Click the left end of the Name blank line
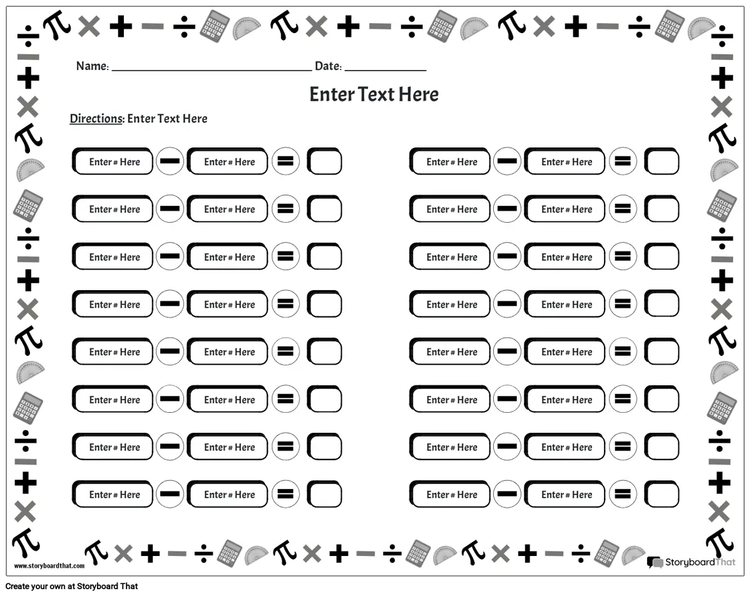click(112, 71)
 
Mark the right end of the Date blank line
click(426, 71)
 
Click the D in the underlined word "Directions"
click(74, 119)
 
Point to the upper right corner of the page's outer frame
click(744, 6)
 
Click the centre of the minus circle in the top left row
click(170, 161)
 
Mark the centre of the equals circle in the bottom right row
click(623, 494)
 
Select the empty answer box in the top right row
click(662, 161)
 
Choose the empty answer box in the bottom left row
click(324, 494)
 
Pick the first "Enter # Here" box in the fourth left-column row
click(113, 304)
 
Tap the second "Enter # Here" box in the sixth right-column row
click(565, 399)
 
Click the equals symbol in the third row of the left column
click(285, 256)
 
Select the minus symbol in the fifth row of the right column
click(507, 351)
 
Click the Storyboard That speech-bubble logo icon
click(655, 562)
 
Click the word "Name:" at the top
click(93, 66)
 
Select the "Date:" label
click(329, 66)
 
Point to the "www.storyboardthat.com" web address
click(49, 565)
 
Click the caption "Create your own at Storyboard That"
click(71, 586)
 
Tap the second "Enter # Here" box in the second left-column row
click(227, 209)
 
